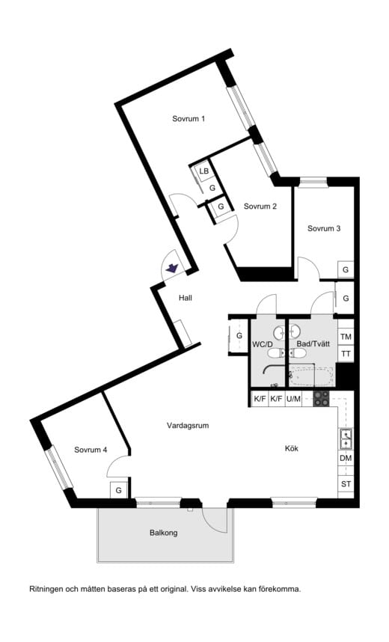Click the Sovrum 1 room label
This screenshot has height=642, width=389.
189,119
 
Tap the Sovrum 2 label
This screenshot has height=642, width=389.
260,207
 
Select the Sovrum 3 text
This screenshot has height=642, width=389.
324,228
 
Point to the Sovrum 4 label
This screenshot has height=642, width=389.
91,450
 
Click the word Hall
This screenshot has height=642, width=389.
186,298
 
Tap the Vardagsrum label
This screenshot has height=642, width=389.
187,425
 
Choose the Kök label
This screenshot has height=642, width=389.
292,449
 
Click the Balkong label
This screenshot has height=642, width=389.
164,534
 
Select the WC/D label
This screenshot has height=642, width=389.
262,344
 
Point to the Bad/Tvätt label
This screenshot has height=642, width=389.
313,344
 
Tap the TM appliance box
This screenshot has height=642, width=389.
346,337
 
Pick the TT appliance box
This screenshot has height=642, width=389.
346,354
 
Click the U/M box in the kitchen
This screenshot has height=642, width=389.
294,399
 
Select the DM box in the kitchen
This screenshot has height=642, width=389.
346,458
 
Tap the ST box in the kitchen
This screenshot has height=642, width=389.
346,484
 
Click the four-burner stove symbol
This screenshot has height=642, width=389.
321,399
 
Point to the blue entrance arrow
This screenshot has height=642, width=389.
171,267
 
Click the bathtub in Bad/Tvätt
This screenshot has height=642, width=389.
312,375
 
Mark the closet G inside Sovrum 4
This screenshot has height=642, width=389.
118,491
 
